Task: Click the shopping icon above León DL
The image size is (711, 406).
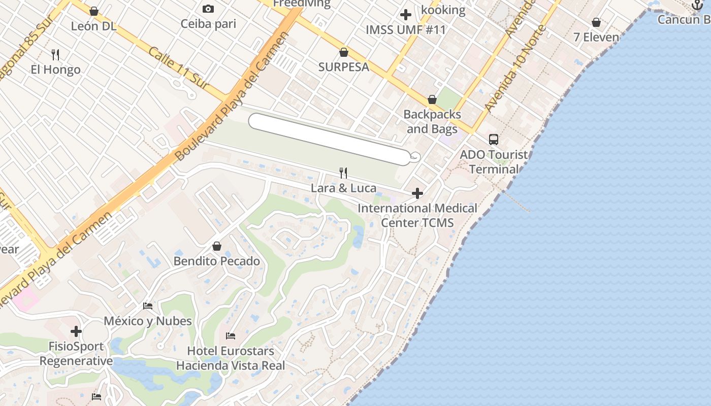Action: (94, 11)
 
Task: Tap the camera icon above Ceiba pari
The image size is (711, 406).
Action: (208, 9)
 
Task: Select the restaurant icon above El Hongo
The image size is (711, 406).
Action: (56, 54)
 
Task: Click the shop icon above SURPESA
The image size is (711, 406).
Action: (344, 52)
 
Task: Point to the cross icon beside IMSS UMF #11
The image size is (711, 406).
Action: (405, 15)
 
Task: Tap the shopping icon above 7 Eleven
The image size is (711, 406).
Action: (596, 22)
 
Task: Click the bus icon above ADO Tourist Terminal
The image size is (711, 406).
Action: (493, 140)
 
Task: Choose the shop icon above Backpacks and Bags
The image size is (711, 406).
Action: (432, 99)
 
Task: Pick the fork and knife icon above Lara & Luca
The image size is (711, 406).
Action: (343, 173)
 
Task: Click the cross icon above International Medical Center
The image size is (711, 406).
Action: (417, 193)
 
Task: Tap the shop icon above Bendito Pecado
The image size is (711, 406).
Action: (217, 246)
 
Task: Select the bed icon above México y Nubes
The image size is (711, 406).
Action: (148, 306)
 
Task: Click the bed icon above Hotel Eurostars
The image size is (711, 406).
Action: (231, 336)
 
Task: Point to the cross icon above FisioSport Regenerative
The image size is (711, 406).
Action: (76, 332)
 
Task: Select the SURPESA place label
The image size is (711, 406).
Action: (344, 67)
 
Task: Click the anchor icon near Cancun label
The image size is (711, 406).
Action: (697, 5)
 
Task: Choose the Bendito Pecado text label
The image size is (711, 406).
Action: (217, 261)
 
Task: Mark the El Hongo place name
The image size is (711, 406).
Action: (56, 70)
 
